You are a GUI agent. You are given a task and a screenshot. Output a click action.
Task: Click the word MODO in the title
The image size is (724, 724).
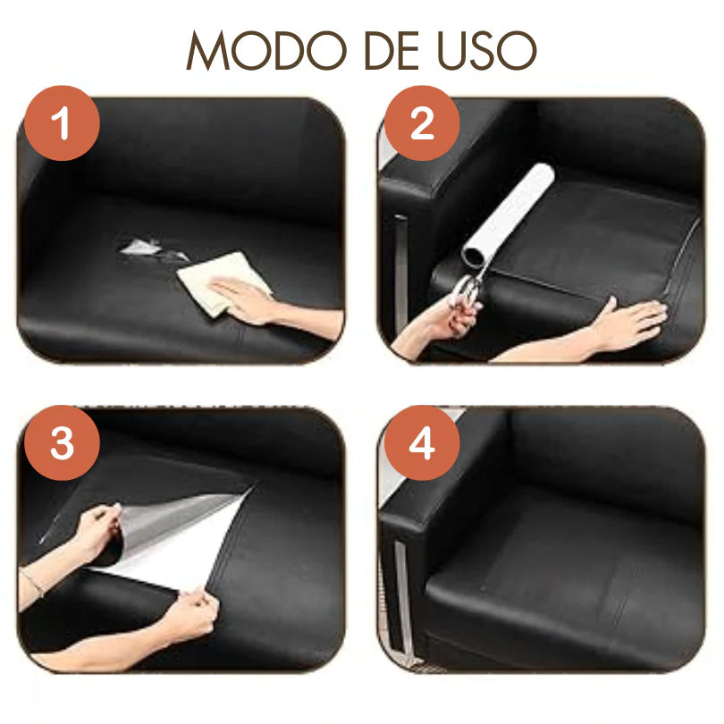tap(266, 50)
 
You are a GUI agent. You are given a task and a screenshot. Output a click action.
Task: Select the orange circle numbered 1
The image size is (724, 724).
tap(62, 122)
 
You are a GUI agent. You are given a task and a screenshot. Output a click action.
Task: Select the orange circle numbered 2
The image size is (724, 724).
tap(422, 122)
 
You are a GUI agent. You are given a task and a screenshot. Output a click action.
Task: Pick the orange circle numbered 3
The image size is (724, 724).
tap(62, 442)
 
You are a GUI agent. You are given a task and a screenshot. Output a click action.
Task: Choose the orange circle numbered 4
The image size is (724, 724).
tap(422, 442)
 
